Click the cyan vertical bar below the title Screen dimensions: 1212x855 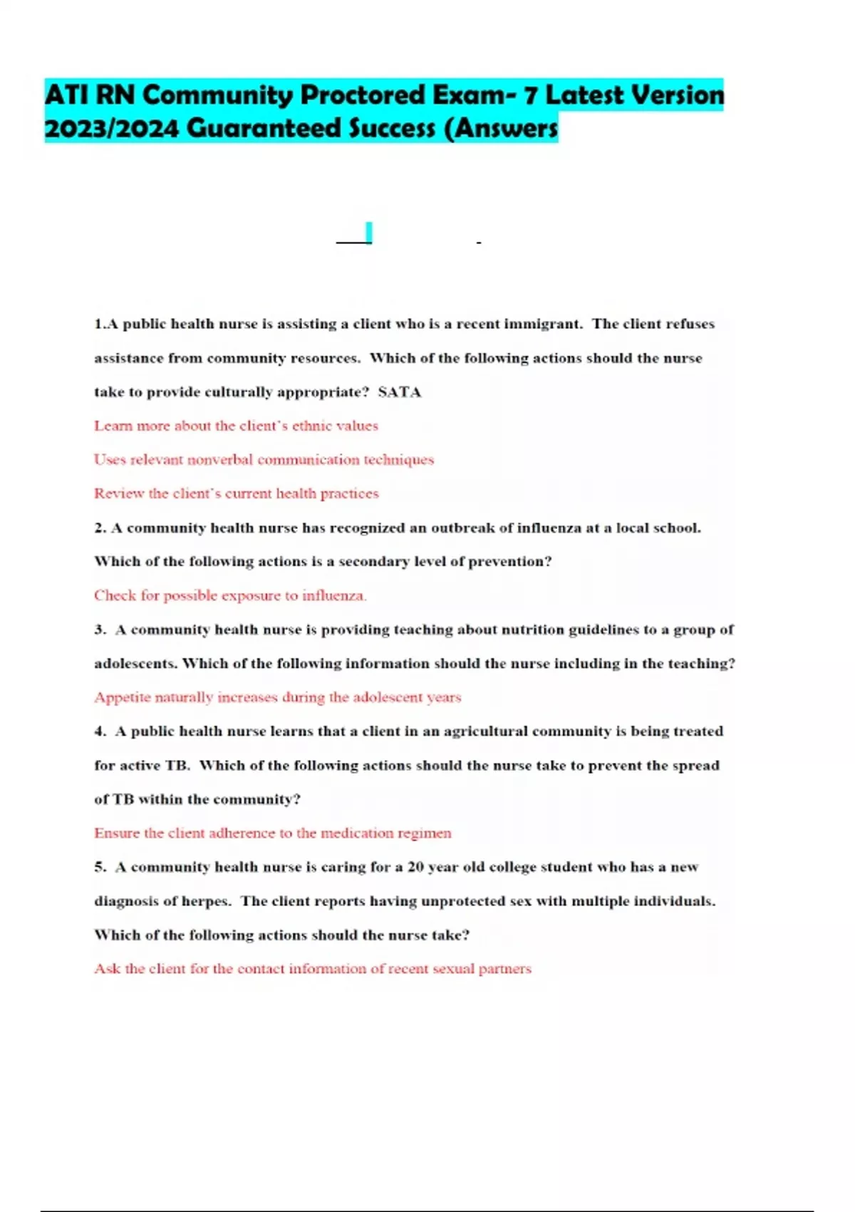point(368,232)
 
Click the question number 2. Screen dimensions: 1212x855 point(100,528)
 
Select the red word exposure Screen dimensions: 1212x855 point(241,596)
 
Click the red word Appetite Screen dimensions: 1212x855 point(122,697)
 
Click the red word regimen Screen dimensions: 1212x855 point(425,833)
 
